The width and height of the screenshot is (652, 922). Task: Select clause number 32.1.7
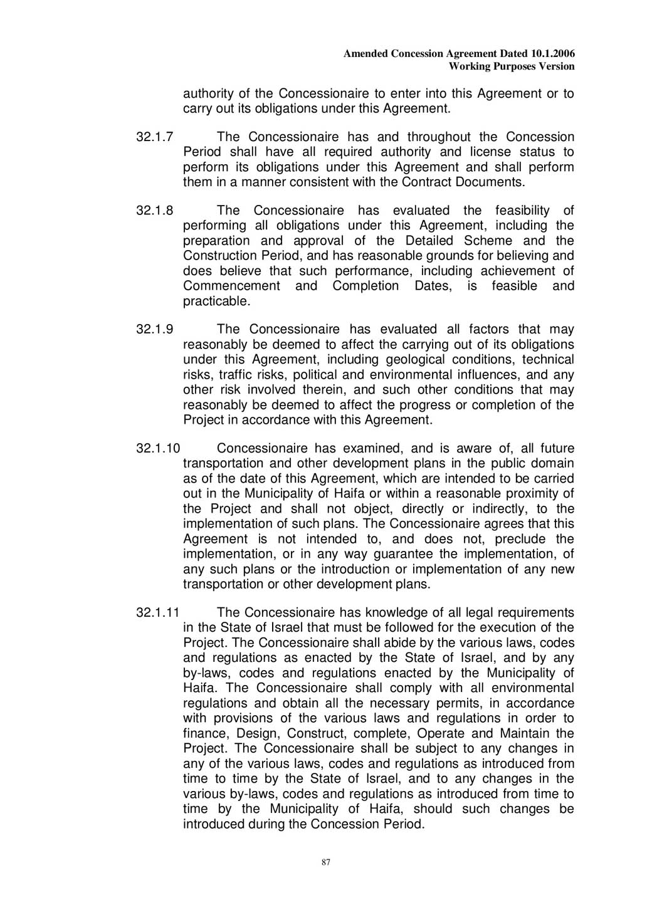[x=155, y=137]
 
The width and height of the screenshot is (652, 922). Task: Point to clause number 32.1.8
[x=155, y=211]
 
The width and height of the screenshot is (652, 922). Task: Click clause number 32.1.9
[x=155, y=330]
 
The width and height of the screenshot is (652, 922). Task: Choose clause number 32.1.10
[x=158, y=449]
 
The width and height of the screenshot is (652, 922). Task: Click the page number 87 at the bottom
[x=325, y=862]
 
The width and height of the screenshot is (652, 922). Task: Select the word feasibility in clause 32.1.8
[x=522, y=211]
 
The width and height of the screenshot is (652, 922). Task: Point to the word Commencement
[x=231, y=286]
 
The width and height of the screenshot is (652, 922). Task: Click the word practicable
[x=216, y=301]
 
